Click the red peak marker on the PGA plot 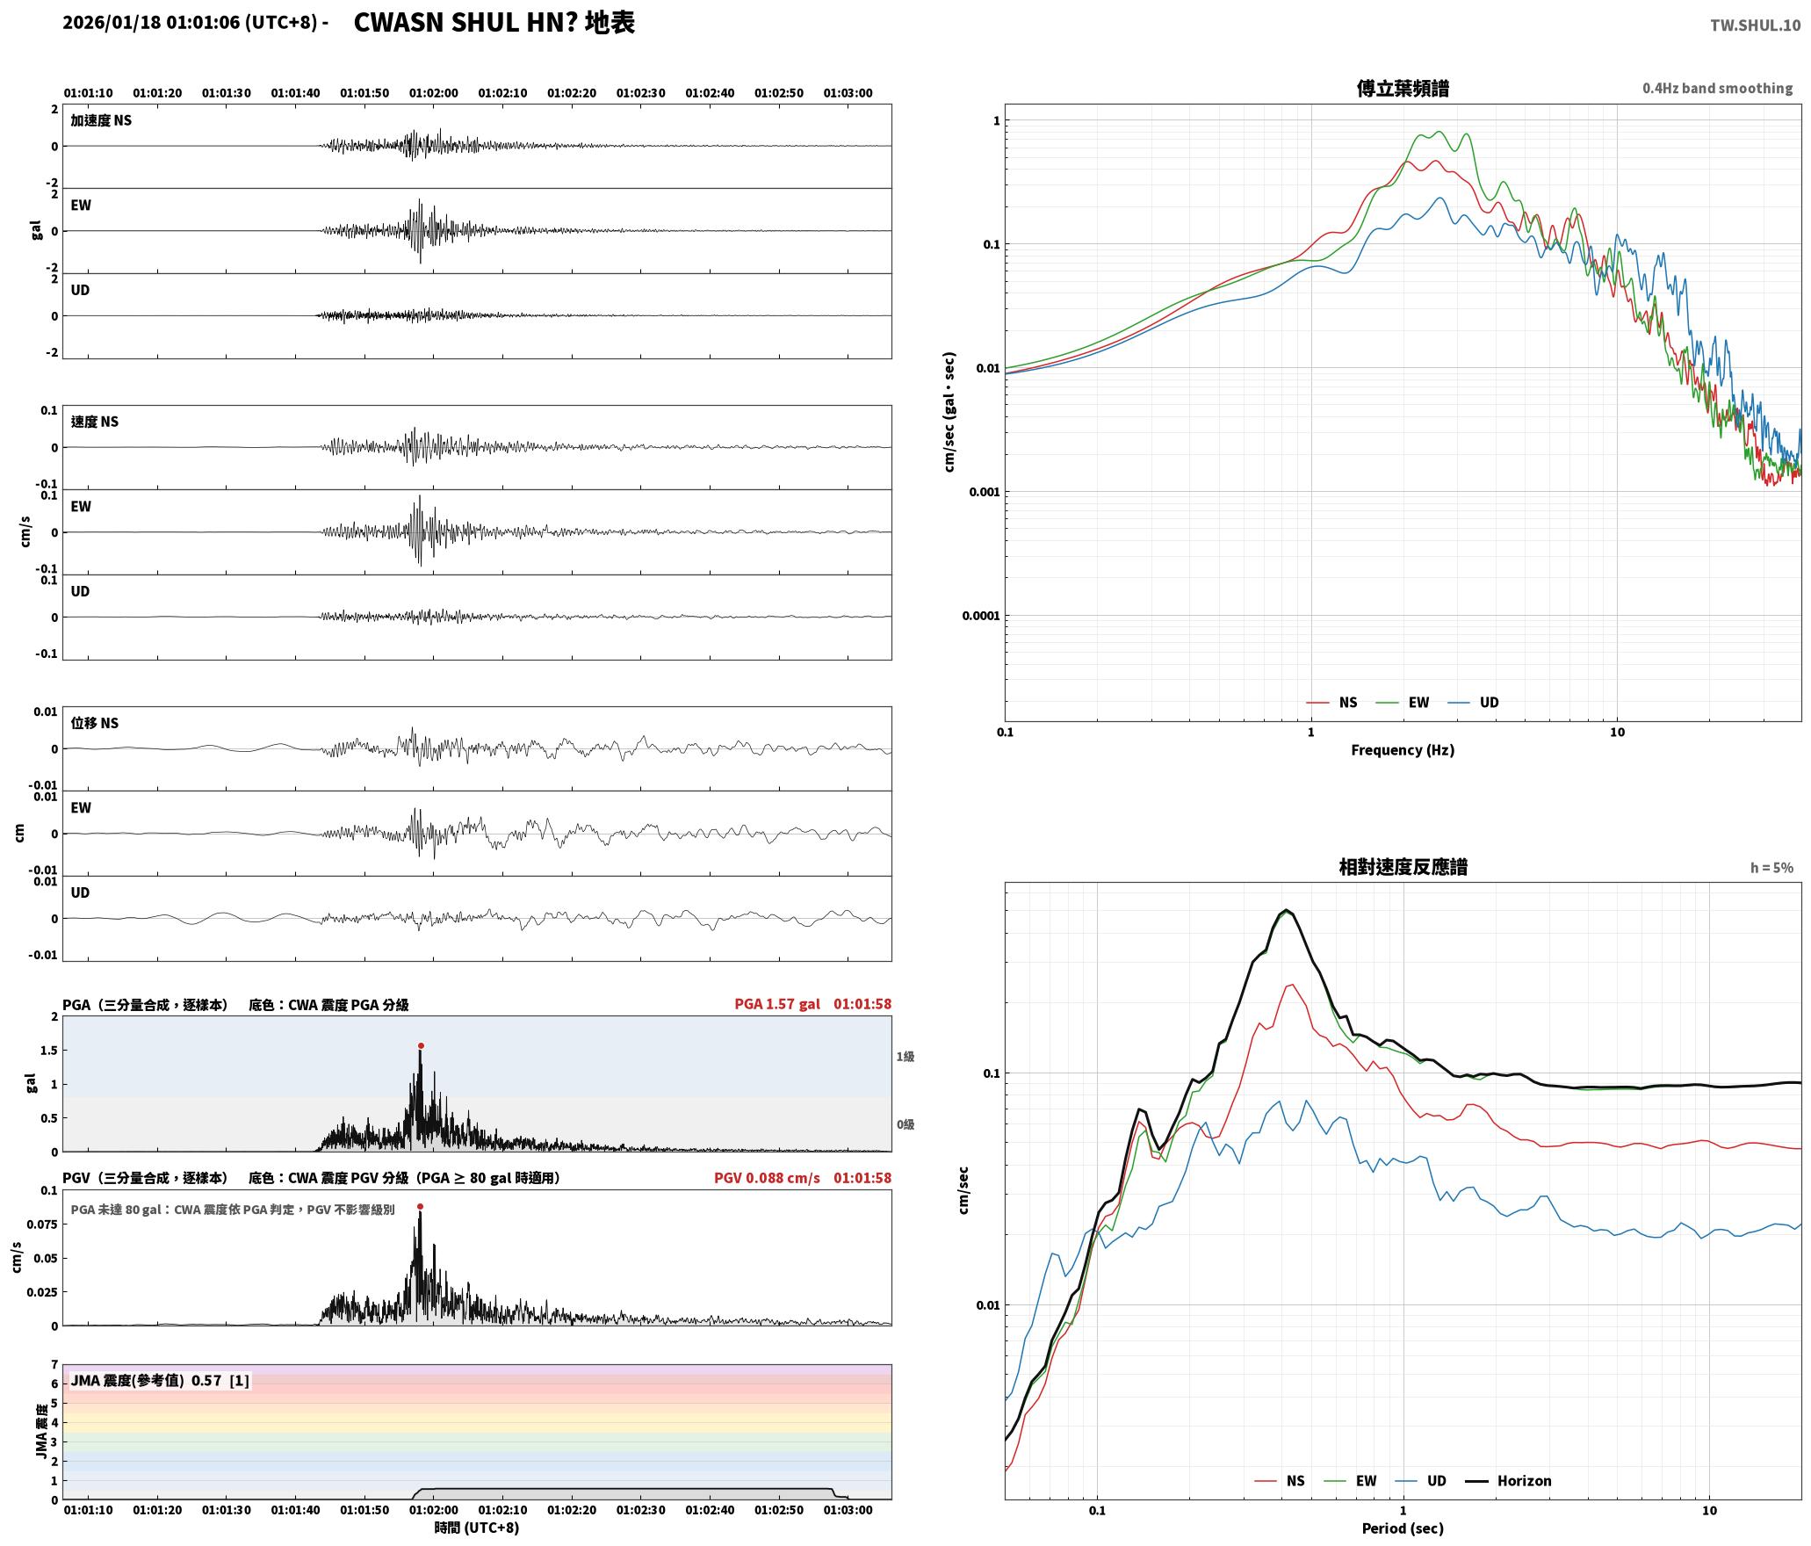pos(421,1046)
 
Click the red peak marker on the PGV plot pos(420,1207)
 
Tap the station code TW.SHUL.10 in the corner pos(1755,25)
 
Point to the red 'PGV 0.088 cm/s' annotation pos(767,1178)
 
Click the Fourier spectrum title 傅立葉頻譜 pos(1403,89)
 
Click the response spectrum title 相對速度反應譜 pos(1403,867)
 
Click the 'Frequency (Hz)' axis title pos(1403,750)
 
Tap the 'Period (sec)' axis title pos(1403,1528)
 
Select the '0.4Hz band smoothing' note pos(1717,89)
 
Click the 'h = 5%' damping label pos(1771,868)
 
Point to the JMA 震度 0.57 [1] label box pos(160,1381)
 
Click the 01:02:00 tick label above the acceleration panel pos(434,93)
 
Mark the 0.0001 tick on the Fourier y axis pos(980,616)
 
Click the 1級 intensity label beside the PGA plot pos(905,1057)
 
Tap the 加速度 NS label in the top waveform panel pos(101,120)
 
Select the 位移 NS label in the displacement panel pos(95,723)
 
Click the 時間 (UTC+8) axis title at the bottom pos(477,1528)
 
